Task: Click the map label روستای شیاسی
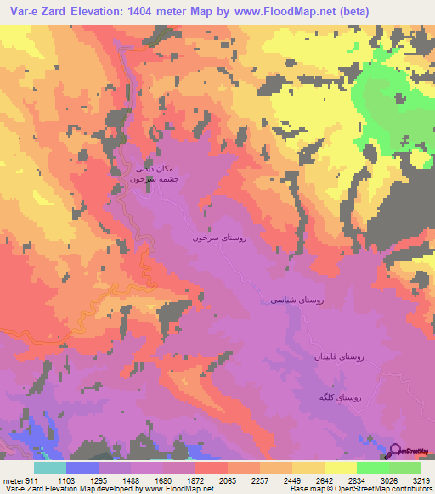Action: click(x=297, y=300)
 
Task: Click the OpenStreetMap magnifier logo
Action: click(x=396, y=452)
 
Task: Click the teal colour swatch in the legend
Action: click(x=49, y=468)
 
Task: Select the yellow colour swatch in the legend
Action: click(x=340, y=468)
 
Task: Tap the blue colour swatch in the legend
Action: click(x=82, y=468)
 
